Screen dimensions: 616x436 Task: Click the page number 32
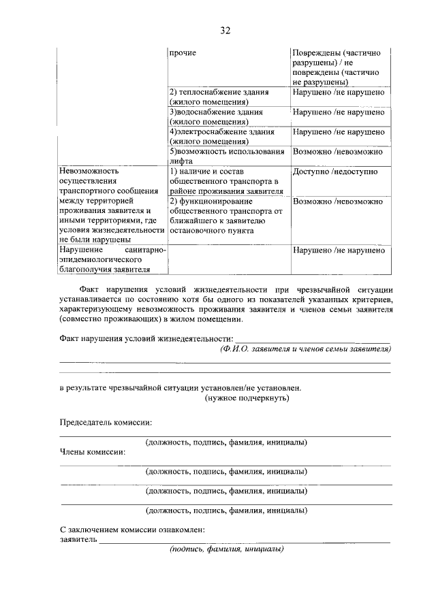click(x=225, y=31)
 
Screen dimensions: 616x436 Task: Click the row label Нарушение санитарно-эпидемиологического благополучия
click(x=112, y=260)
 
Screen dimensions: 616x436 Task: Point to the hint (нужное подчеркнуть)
click(x=247, y=398)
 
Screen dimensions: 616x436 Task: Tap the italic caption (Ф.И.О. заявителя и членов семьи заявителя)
click(x=305, y=348)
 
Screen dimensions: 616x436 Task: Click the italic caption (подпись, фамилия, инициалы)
click(x=227, y=549)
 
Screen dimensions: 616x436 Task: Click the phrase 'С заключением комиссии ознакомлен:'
click(x=132, y=530)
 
